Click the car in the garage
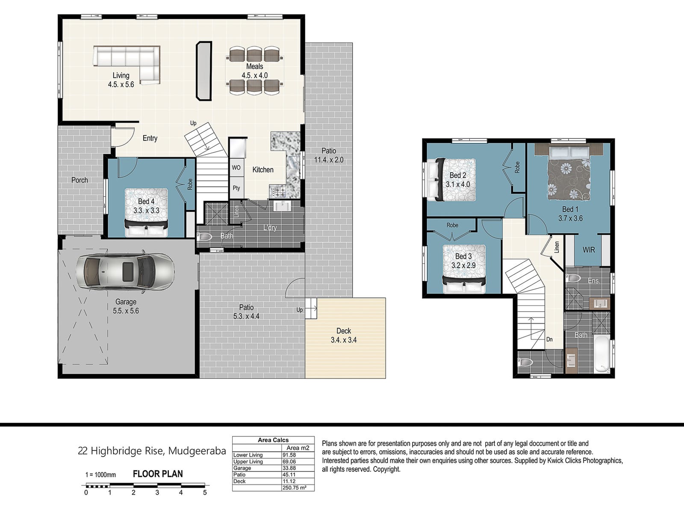click(125, 271)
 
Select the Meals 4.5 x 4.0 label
click(255, 71)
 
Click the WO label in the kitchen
click(236, 168)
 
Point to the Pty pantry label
click(236, 188)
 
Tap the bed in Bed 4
click(146, 212)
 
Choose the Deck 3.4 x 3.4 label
click(344, 336)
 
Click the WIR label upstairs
click(589, 250)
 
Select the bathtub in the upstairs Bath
click(602, 354)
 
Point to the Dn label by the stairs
click(549, 339)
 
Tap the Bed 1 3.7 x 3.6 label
click(570, 214)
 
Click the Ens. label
click(594, 280)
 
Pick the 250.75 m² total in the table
click(294, 487)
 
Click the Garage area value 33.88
click(289, 468)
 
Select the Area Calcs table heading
click(273, 440)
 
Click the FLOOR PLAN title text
click(158, 474)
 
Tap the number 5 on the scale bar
click(205, 492)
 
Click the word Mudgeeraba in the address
click(197, 451)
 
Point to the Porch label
click(80, 180)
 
